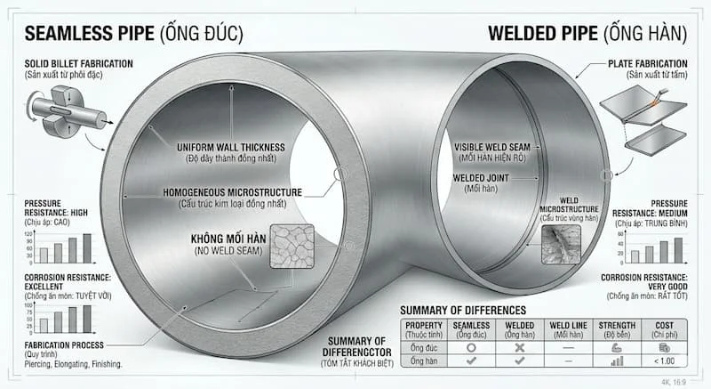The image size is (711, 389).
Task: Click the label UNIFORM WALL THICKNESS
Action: click(x=229, y=146)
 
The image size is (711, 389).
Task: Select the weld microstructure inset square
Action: click(x=561, y=242)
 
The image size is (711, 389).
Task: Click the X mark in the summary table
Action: click(x=519, y=348)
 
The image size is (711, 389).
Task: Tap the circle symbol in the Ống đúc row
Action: click(x=473, y=348)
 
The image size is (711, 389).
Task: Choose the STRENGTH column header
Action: click(x=616, y=326)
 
